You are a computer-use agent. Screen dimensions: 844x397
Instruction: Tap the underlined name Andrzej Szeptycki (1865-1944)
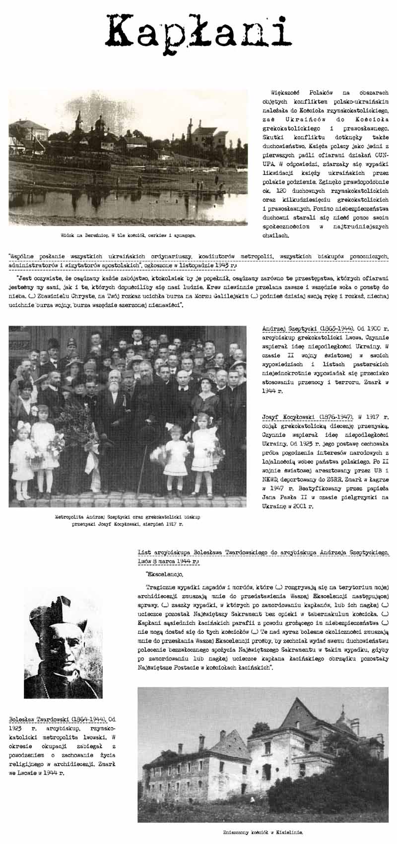click(308, 329)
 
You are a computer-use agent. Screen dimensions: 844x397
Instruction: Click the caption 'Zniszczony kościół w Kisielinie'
click(263, 833)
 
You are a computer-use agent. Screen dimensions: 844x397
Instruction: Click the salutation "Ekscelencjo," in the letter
click(164, 574)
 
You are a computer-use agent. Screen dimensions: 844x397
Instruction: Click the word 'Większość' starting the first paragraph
click(285, 93)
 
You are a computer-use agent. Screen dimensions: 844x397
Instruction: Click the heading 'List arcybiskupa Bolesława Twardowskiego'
click(198, 553)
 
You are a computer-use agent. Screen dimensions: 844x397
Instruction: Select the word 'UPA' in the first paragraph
click(268, 164)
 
